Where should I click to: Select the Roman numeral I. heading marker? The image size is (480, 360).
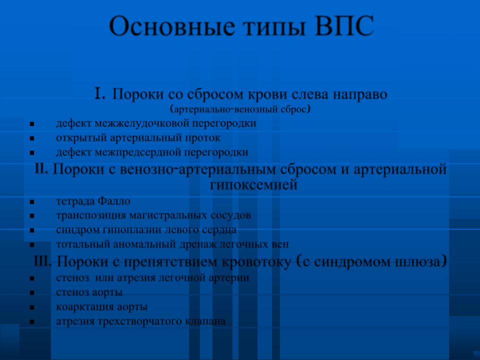100,93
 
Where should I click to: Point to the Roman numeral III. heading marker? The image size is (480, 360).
43,261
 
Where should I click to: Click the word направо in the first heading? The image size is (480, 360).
360,95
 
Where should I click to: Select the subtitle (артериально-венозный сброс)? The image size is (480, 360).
240,109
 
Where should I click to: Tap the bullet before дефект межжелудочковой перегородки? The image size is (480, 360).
32,124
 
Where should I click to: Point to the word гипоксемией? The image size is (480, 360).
254,185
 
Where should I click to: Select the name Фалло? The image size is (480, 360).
114,201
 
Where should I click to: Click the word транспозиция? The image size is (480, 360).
91,216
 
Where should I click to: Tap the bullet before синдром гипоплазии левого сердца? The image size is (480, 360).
32,230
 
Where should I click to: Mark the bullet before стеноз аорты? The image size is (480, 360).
32,293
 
